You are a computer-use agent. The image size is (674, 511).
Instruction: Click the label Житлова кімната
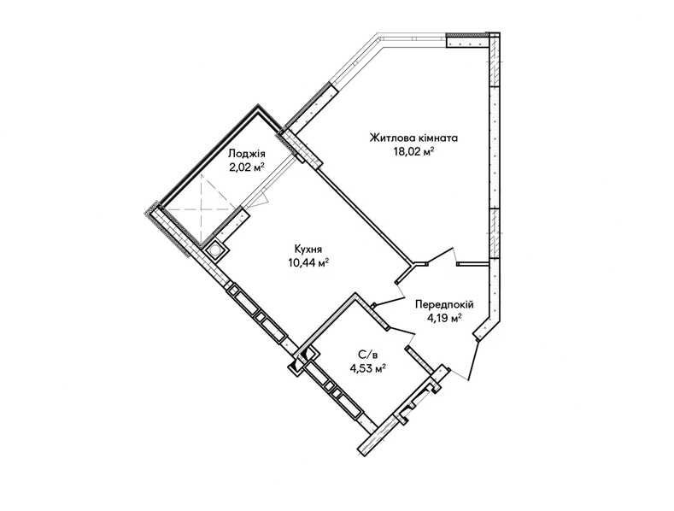tap(413, 138)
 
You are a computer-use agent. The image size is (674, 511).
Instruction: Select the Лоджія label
tap(247, 154)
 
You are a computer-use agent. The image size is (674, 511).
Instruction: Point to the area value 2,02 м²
tap(246, 167)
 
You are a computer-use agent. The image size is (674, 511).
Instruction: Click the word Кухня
tap(308, 249)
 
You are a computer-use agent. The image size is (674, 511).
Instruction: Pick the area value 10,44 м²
tap(309, 262)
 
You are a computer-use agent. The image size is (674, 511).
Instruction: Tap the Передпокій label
tap(444, 305)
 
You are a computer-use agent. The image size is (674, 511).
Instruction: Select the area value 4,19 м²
tap(444, 318)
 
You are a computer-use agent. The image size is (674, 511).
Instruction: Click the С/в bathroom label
tap(368, 355)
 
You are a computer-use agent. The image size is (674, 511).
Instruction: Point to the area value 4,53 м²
tap(367, 367)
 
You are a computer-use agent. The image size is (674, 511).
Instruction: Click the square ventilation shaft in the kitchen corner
tap(214, 250)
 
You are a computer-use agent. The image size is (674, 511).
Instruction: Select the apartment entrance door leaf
tap(474, 361)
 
